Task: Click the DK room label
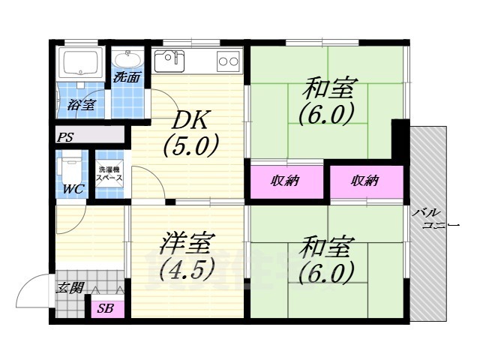coord(193,120)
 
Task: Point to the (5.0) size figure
coord(191,145)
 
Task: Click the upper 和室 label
coord(328,88)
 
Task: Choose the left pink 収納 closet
coord(287,181)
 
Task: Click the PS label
coord(65,137)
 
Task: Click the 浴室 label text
coord(80,104)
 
